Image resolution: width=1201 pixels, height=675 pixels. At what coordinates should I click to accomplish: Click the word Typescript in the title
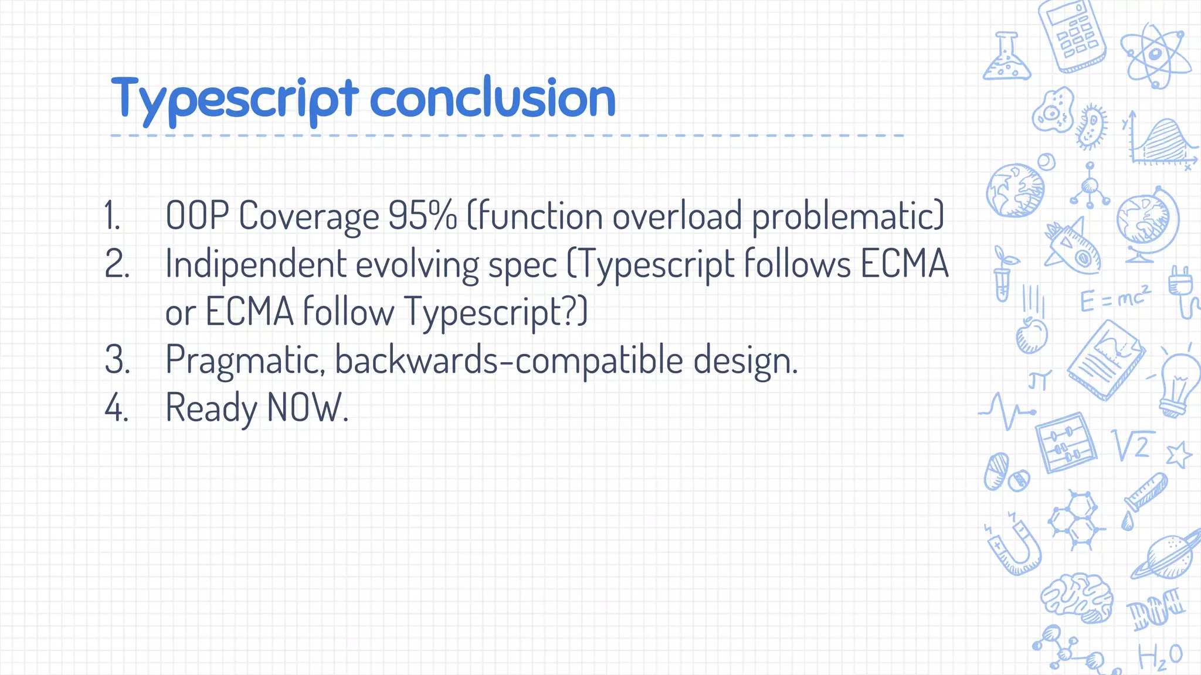[x=234, y=100]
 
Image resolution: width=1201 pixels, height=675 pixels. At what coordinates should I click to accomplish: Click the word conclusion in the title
[x=493, y=98]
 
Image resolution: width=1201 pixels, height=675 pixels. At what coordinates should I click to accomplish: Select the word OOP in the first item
[x=197, y=216]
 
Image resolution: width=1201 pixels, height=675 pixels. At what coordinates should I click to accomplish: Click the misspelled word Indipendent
[x=256, y=264]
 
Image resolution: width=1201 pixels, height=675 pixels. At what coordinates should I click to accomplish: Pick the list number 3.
[x=117, y=360]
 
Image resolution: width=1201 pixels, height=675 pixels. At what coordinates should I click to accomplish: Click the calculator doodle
[x=1072, y=36]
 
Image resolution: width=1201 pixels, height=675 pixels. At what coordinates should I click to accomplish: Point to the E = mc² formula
[x=1114, y=299]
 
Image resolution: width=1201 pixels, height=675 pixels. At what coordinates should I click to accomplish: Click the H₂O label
[x=1160, y=656]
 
